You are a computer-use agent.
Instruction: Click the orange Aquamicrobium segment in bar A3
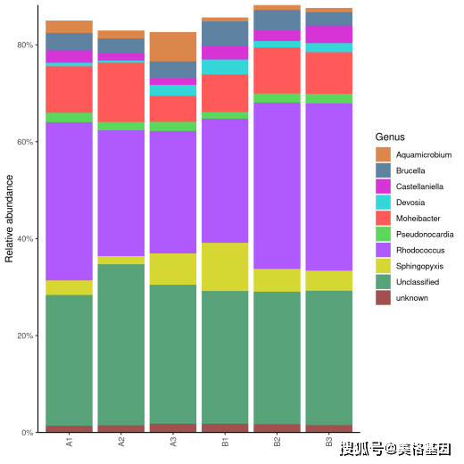click(x=173, y=46)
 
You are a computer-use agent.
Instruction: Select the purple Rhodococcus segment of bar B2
click(x=277, y=186)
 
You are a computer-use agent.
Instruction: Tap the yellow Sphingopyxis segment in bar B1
click(x=225, y=267)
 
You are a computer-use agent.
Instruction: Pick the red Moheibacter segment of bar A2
click(x=121, y=92)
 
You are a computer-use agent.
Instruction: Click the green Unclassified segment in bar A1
click(x=69, y=360)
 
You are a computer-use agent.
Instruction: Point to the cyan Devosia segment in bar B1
click(x=225, y=67)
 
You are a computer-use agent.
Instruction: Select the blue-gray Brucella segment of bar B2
click(x=277, y=21)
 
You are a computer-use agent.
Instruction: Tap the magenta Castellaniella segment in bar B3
click(x=329, y=35)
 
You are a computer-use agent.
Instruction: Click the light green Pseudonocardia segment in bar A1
click(x=69, y=118)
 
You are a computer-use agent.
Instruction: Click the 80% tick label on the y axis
click(x=25, y=46)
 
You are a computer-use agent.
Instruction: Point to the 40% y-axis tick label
click(x=25, y=239)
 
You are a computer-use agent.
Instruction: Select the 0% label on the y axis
click(x=28, y=433)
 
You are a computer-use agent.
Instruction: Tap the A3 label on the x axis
click(x=173, y=442)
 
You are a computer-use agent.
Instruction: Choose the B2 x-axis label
click(x=277, y=442)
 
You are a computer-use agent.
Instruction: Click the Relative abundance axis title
click(x=9, y=219)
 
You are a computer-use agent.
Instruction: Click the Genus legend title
click(x=390, y=137)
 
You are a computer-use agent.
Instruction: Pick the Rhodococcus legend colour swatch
click(x=383, y=250)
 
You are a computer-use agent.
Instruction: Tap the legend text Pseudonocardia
click(x=425, y=235)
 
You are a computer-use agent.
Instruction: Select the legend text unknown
click(x=412, y=298)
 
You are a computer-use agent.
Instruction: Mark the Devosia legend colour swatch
click(x=383, y=203)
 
